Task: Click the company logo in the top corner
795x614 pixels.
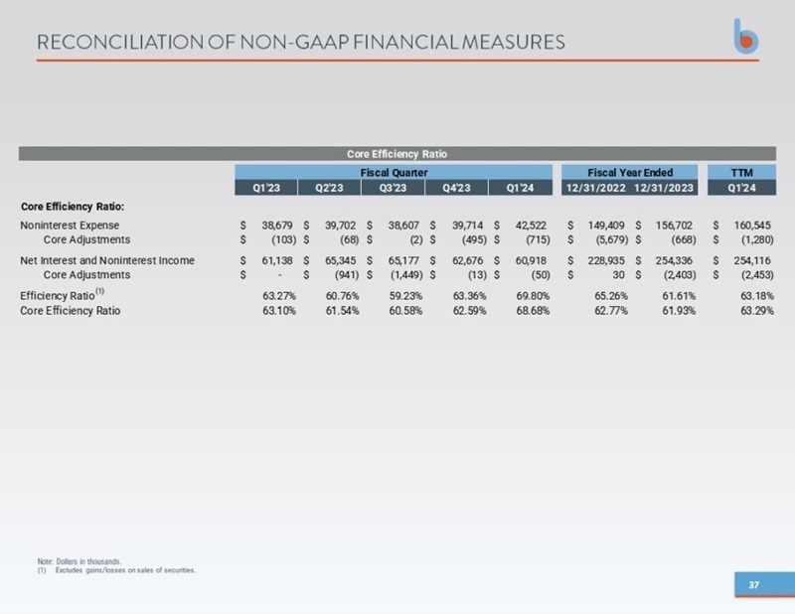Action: [x=746, y=36]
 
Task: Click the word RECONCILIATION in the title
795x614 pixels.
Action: [x=120, y=42]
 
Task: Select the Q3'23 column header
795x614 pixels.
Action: [x=393, y=188]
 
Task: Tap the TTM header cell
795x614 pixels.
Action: [x=741, y=173]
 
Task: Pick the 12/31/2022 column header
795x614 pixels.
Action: [x=595, y=188]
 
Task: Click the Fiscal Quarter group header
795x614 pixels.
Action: [x=394, y=173]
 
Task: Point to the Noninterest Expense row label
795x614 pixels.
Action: [x=70, y=226]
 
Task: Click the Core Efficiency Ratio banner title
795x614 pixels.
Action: [x=397, y=154]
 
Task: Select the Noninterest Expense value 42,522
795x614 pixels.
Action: [x=531, y=226]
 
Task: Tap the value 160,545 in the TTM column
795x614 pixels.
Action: [x=752, y=226]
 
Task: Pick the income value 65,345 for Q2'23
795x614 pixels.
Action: [x=340, y=260]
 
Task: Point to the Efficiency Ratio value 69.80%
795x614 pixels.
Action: [x=533, y=296]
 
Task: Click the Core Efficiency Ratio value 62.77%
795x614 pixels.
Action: [x=611, y=310]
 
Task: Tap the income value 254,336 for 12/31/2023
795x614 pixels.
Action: [x=674, y=260]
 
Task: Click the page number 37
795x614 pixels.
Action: [x=754, y=584]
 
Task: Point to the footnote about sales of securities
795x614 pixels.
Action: [x=116, y=570]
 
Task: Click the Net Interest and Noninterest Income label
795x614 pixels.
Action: [x=107, y=260]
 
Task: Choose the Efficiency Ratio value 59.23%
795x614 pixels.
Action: [x=405, y=296]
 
